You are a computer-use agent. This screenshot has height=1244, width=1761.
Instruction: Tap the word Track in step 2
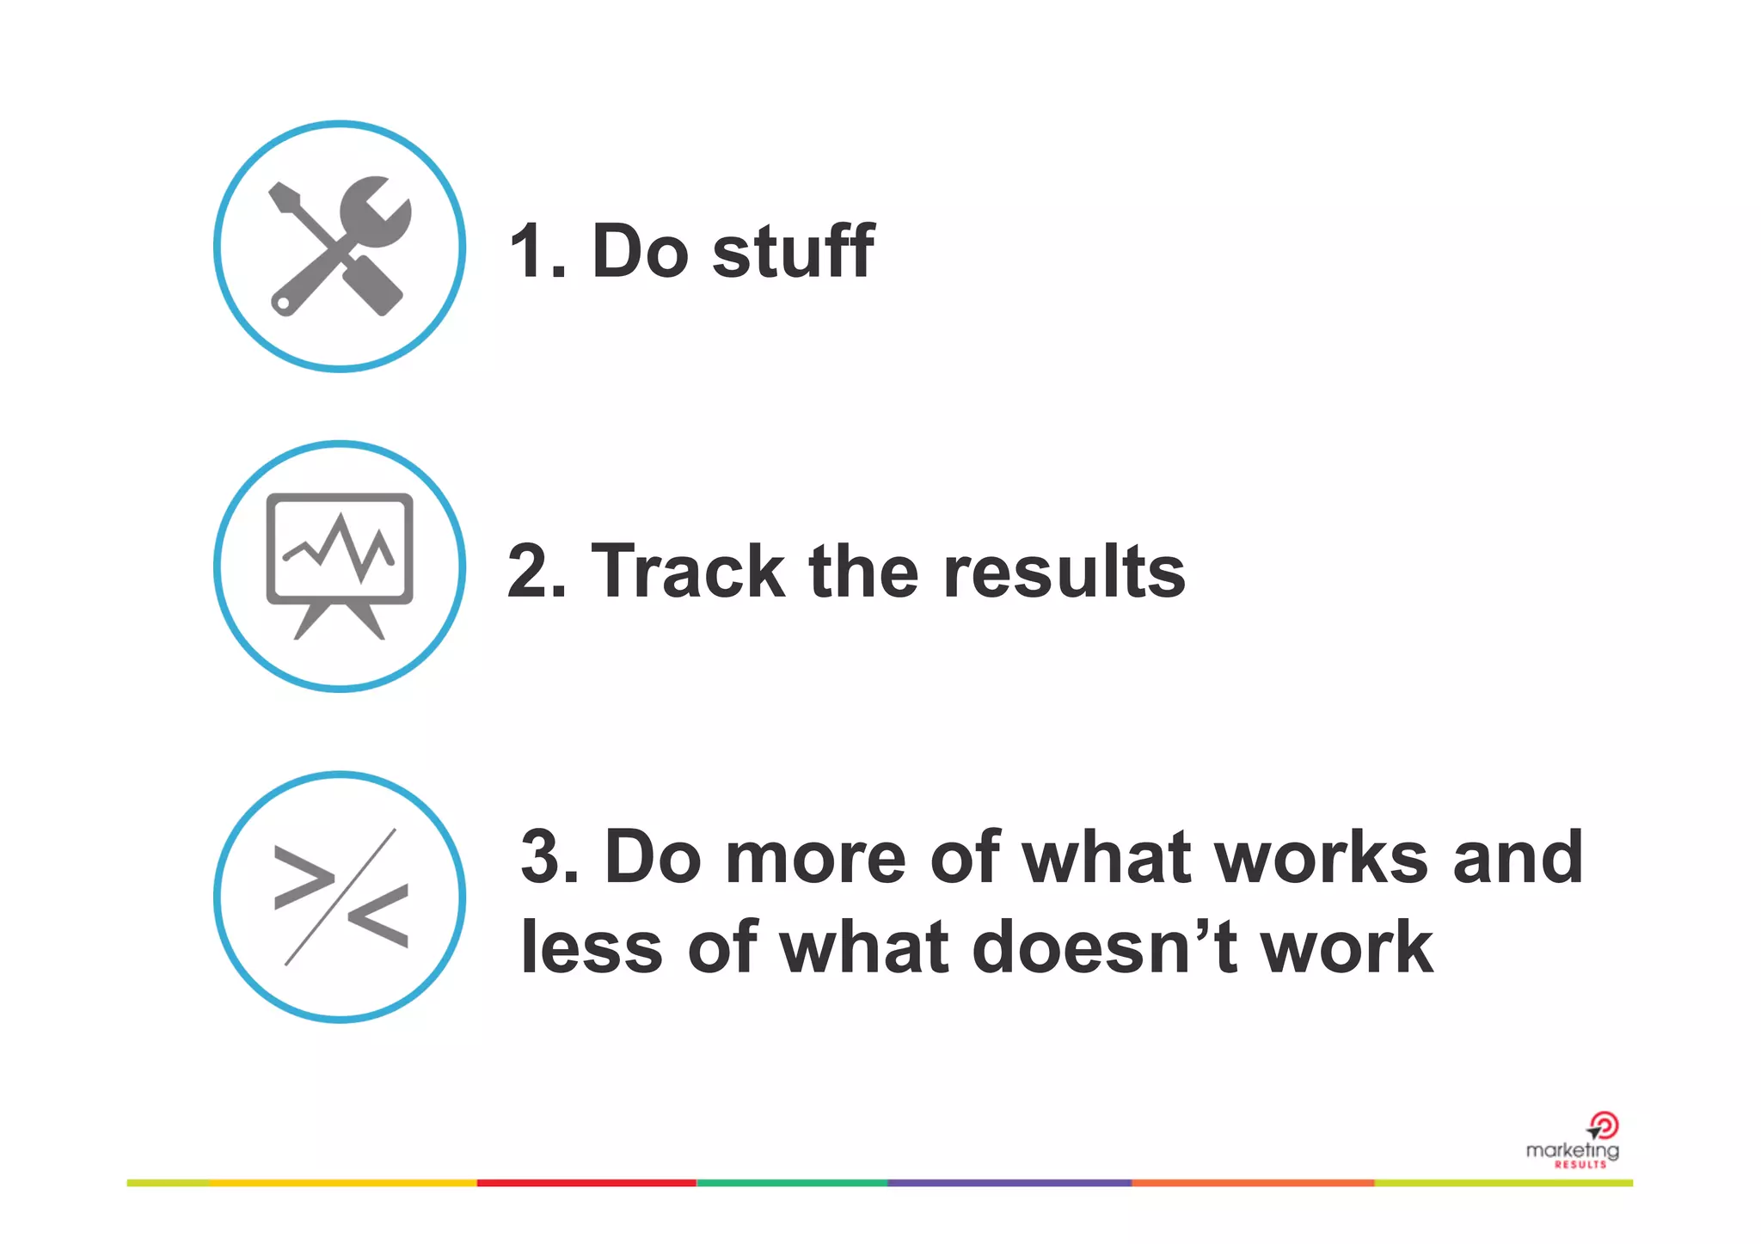(x=688, y=571)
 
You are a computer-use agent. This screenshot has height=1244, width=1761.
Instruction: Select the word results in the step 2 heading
(x=1064, y=571)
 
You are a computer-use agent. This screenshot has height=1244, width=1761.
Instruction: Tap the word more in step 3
(x=815, y=859)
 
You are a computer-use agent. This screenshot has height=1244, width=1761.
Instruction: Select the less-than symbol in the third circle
(x=378, y=916)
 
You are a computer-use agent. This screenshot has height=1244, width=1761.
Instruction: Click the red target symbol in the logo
(x=1604, y=1125)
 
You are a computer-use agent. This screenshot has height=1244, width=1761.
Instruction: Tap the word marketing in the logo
(x=1571, y=1150)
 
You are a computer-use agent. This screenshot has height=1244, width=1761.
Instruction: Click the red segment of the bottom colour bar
(x=586, y=1183)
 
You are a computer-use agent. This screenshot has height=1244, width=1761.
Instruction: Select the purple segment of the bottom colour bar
(x=1009, y=1183)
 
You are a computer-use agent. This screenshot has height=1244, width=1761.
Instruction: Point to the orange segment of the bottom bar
(x=1252, y=1183)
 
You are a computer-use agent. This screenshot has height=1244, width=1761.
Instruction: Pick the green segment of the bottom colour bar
(x=791, y=1183)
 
